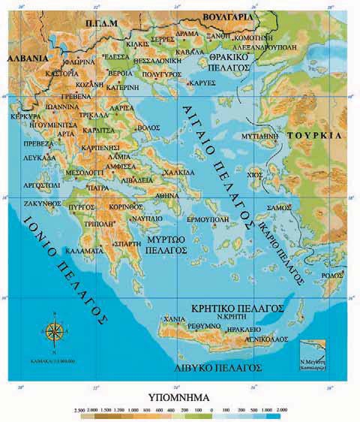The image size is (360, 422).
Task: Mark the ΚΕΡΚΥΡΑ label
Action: click(22, 118)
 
